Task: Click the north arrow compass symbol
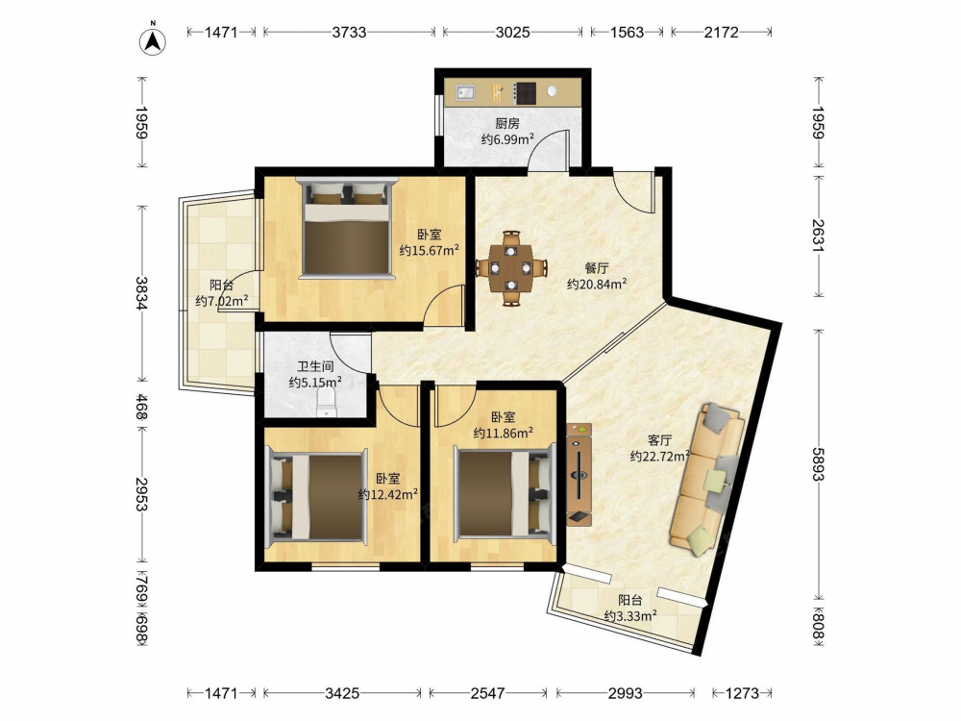[x=153, y=41]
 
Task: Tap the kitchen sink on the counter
[x=465, y=92]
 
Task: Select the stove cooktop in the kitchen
[x=525, y=93]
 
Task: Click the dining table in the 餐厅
[x=511, y=268]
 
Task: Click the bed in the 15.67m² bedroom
[x=347, y=228]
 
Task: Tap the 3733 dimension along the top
[x=350, y=32]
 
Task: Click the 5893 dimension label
[x=818, y=464]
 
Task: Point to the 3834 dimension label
[x=141, y=293]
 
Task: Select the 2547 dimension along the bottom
[x=488, y=693]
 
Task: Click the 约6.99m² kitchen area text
[x=507, y=139]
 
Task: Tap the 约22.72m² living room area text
[x=660, y=456]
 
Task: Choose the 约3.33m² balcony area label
[x=630, y=615]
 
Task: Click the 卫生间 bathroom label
[x=315, y=366]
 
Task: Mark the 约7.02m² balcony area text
[x=222, y=300]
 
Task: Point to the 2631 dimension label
[x=818, y=236]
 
